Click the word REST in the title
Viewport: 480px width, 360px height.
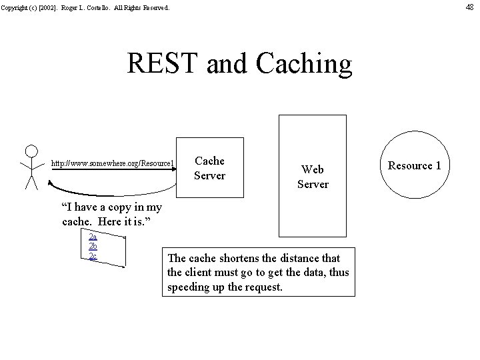(163, 64)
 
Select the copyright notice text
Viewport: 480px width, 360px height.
(85, 8)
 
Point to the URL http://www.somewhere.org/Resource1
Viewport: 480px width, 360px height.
(113, 163)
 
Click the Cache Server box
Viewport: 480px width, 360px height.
(209, 168)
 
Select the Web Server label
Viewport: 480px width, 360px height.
(313, 177)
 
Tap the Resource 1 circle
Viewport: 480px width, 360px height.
(415, 165)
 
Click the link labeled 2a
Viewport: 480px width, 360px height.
(93, 236)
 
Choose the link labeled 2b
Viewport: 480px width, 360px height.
(93, 246)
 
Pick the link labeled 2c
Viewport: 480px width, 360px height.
(93, 256)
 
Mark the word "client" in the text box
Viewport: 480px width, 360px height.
(201, 273)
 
